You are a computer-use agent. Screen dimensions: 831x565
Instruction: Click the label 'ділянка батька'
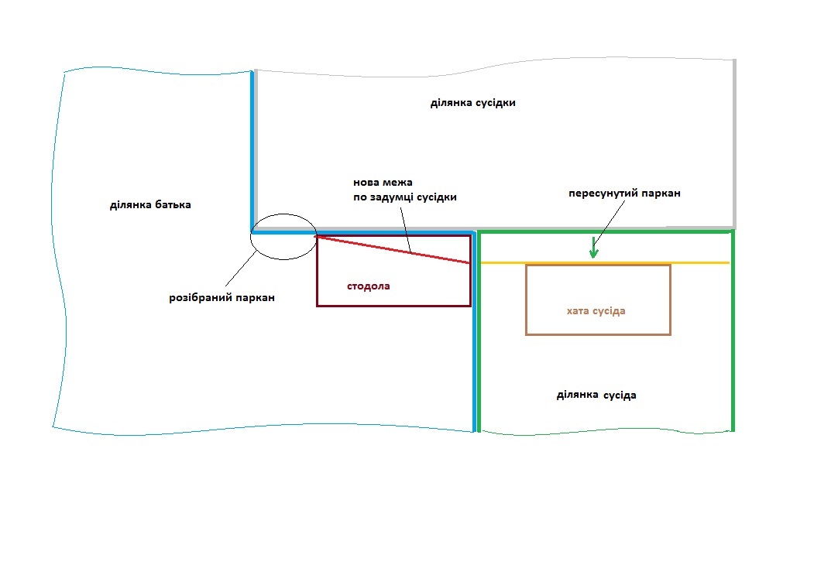coord(150,205)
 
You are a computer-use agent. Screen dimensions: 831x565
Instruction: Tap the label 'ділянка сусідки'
coord(472,103)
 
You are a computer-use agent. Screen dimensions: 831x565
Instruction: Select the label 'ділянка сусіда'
coord(596,395)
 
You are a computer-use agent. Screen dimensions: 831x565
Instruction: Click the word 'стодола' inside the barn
coord(369,286)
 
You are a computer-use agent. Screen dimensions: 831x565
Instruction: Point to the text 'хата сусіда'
coord(596,311)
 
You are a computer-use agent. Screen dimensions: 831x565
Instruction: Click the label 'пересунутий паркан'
coord(624,193)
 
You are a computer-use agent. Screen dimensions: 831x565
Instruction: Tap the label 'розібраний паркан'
coord(221,297)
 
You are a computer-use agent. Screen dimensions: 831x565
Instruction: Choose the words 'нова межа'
coord(383,182)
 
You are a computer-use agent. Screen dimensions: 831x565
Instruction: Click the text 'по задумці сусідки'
coord(405,197)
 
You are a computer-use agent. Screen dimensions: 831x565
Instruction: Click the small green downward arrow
coord(593,248)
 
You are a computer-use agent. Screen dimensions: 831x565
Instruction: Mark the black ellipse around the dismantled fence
coord(283,214)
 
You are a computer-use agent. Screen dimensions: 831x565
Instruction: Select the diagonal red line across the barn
coord(393,249)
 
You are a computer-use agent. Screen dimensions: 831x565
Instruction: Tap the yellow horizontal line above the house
coord(605,262)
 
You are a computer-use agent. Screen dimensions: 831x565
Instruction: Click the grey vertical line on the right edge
coord(734,143)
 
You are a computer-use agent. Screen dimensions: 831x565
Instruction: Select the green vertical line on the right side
coord(733,330)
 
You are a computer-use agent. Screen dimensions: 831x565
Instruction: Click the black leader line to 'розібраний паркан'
coord(241,269)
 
